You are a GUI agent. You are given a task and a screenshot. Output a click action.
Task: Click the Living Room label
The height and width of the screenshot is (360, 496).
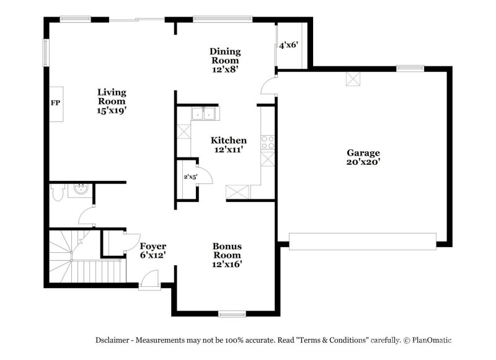point(112,101)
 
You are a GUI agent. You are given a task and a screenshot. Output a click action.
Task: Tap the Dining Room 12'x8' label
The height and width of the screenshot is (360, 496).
point(225,60)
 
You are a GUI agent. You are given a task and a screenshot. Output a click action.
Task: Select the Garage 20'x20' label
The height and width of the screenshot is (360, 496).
point(363,157)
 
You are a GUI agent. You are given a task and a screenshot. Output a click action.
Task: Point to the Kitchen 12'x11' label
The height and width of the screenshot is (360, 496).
point(228,144)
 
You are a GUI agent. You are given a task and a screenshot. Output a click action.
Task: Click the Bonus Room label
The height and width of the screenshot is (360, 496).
point(227,255)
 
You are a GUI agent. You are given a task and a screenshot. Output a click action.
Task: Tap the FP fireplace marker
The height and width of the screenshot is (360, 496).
point(55,103)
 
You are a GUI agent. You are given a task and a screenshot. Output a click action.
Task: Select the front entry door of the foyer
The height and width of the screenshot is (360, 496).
point(149,283)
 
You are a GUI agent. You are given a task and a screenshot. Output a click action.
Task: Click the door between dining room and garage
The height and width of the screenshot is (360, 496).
point(268,87)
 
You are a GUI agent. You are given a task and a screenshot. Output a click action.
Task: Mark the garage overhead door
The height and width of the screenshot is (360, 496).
point(363,242)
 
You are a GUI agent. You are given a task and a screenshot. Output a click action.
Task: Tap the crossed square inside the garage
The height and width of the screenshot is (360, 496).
point(353,79)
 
